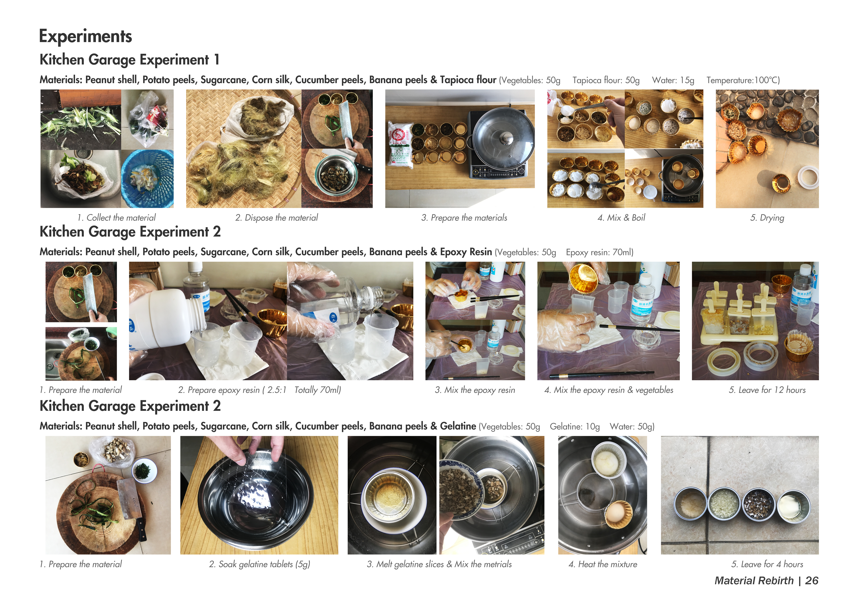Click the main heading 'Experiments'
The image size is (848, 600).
coord(85,36)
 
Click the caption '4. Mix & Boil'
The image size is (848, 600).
coord(621,218)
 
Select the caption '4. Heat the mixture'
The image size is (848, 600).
coord(603,564)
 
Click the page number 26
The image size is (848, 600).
coord(811,581)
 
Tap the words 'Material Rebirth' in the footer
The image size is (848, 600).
coord(754,581)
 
